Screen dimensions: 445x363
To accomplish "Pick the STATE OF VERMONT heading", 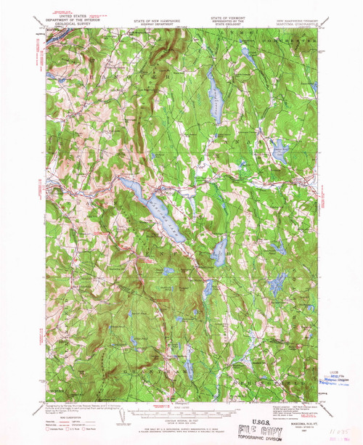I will click(227, 23).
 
